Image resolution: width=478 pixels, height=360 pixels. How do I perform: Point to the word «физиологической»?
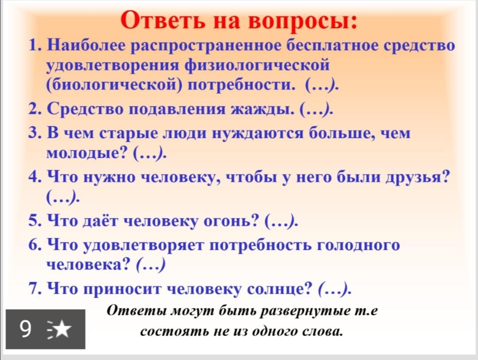click(257, 66)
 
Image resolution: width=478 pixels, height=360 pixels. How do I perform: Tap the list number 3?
click(35, 133)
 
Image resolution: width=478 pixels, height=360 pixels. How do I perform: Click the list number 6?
click(35, 245)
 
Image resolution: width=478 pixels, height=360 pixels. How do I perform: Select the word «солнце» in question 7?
click(280, 289)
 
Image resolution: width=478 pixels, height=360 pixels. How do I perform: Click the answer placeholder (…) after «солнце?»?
click(335, 289)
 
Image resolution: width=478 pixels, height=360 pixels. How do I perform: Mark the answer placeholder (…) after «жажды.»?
click(316, 109)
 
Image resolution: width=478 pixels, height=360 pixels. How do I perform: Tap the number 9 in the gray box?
click(25, 329)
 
